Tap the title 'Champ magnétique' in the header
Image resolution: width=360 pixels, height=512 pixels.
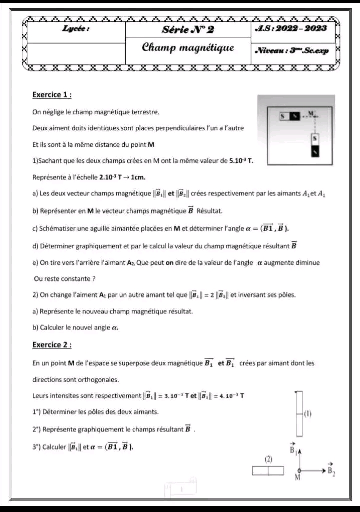[x=188, y=48]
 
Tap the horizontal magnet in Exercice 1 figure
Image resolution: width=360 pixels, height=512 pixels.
[x=290, y=116]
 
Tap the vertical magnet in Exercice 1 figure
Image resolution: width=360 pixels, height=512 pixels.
[x=315, y=144]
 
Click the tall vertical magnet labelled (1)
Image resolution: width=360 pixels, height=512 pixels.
[x=299, y=413]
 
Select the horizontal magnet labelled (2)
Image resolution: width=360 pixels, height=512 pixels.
[x=268, y=470]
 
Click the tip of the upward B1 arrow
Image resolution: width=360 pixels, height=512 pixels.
[x=299, y=451]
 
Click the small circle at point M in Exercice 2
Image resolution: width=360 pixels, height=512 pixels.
[x=299, y=471]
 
